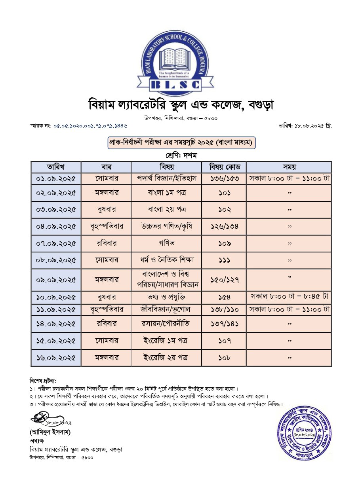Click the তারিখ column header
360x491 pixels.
(56, 167)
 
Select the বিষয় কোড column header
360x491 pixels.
(224, 167)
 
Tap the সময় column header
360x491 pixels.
(289, 167)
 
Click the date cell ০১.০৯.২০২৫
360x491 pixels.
(56, 178)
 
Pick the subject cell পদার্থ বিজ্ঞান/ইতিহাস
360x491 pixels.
(166, 178)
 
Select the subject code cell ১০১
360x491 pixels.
(224, 193)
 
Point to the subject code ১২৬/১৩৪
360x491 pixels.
(224, 227)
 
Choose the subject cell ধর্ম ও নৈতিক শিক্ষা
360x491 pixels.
(166, 260)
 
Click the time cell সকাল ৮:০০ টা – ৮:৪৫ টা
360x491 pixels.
(289, 296)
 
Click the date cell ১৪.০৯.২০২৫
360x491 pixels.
(56, 324)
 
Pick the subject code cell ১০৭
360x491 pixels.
(224, 341)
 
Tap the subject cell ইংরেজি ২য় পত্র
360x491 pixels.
(166, 358)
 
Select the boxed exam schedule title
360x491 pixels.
(182, 142)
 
